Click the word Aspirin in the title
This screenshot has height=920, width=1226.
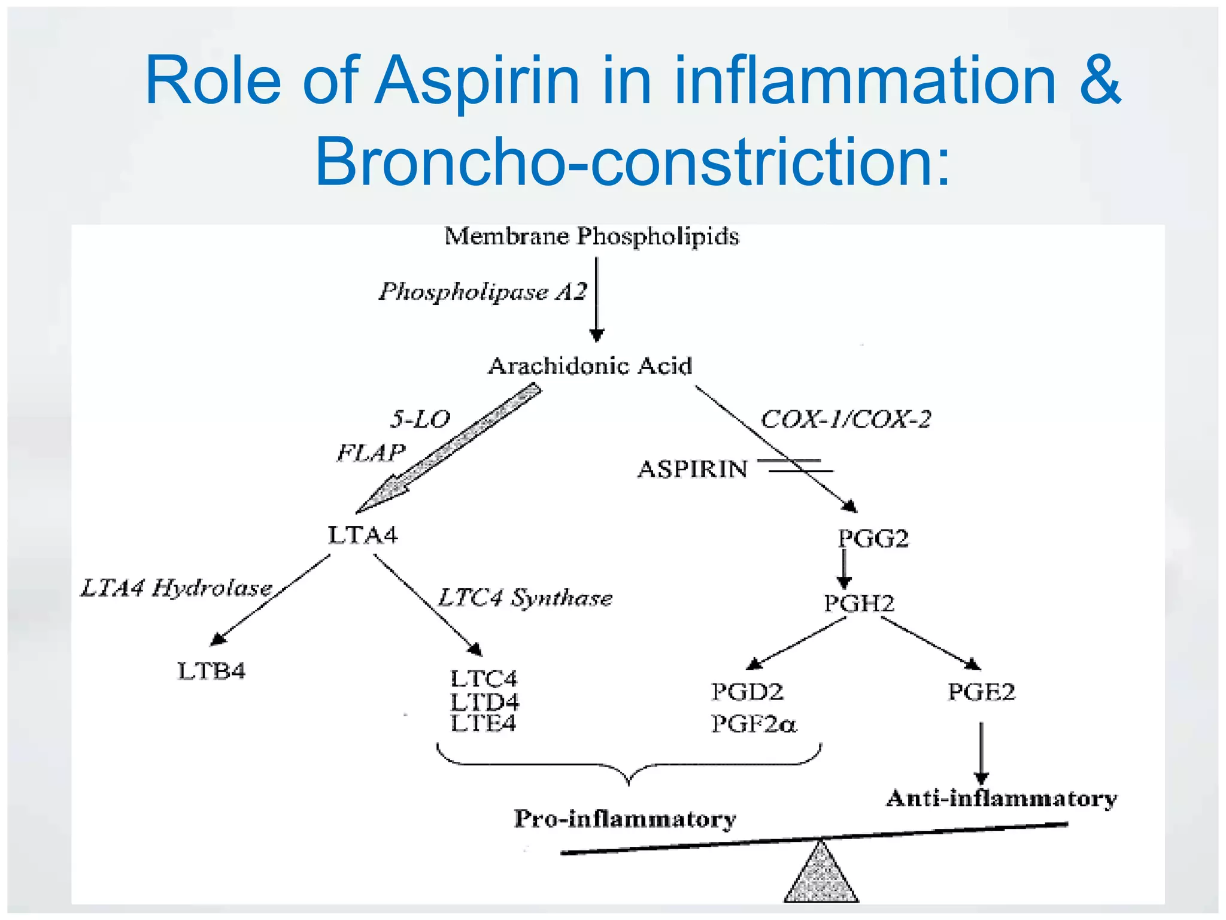477,81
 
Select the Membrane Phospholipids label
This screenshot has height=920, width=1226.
591,236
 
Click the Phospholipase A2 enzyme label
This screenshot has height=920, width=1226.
482,292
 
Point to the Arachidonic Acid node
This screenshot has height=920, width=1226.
590,365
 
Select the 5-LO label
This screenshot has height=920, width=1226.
420,419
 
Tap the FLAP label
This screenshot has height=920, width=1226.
371,452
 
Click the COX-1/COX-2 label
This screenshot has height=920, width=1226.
845,419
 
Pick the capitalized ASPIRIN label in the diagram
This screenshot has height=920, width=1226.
692,469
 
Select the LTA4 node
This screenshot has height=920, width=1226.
363,535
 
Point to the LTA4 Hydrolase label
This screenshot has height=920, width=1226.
177,588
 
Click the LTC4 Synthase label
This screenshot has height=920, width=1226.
525,598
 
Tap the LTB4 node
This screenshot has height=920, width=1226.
211,671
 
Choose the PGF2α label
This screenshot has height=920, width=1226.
754,724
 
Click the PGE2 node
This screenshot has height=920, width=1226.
981,692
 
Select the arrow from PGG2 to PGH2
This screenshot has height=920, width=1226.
844,569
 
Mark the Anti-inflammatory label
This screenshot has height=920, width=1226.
1002,798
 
